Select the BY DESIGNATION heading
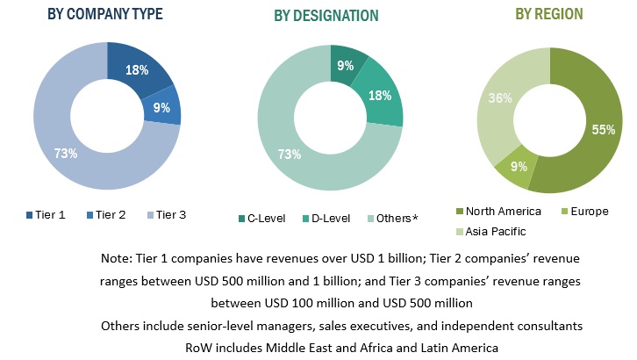point(326,16)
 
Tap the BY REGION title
point(549,14)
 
